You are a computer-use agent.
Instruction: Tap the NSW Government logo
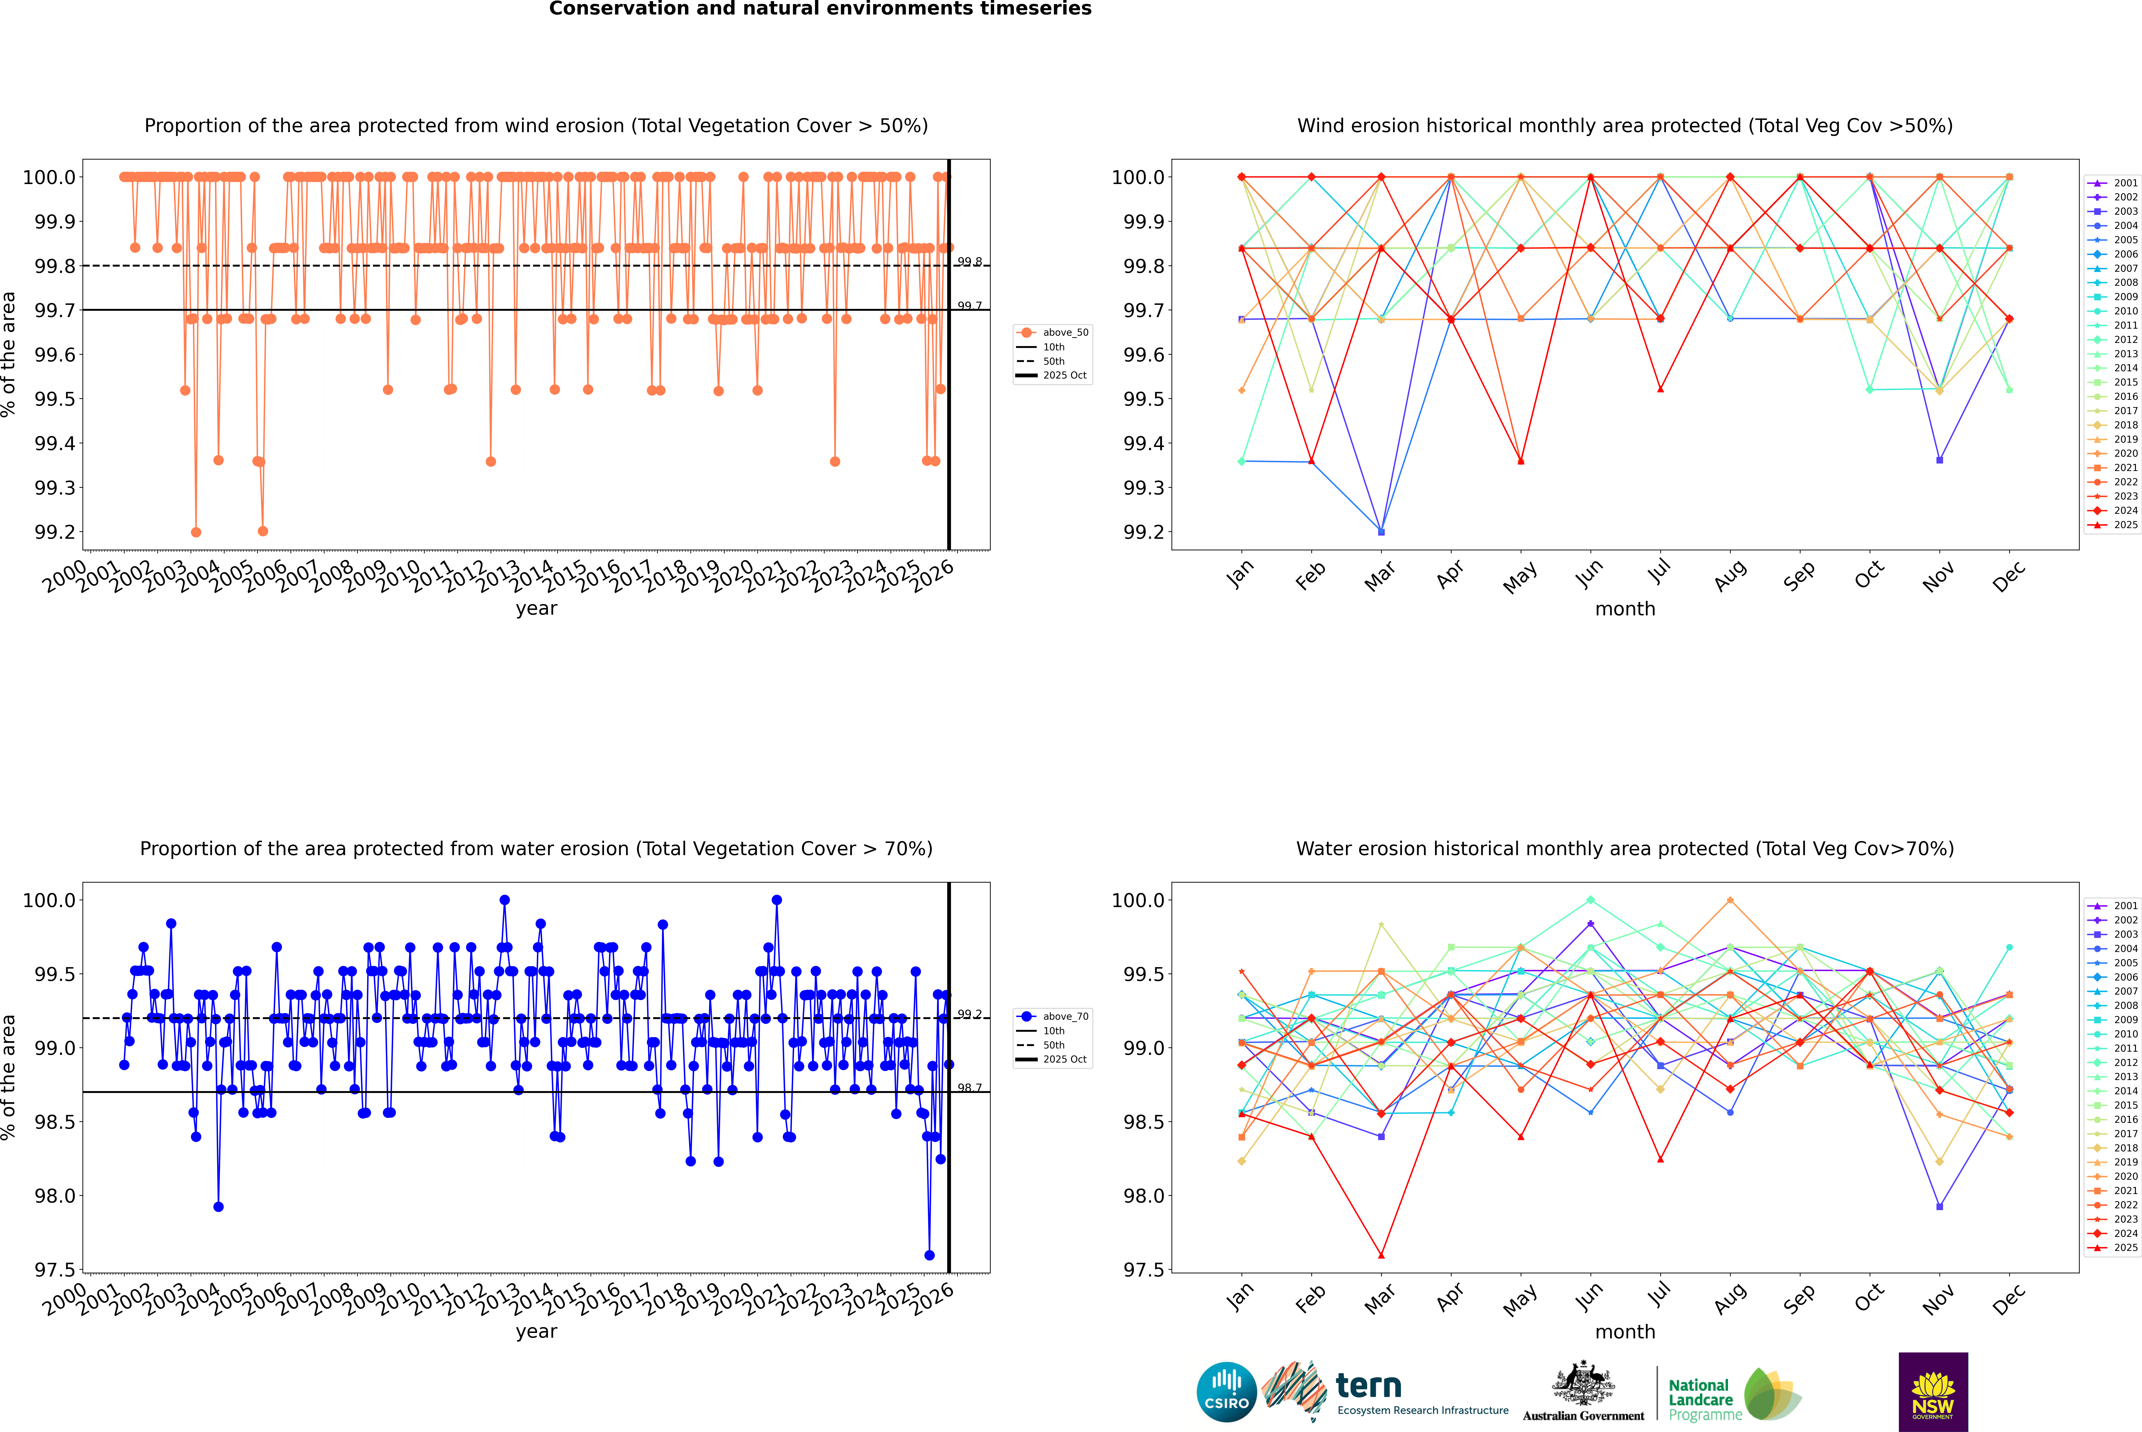click(1933, 1392)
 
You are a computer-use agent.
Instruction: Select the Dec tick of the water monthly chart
click(2009, 1299)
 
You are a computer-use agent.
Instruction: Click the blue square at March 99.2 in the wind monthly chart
click(1380, 532)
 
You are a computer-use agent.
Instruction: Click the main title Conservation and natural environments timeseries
click(820, 9)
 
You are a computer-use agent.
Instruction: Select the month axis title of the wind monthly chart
click(1624, 609)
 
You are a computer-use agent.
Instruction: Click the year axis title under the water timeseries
click(536, 1332)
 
